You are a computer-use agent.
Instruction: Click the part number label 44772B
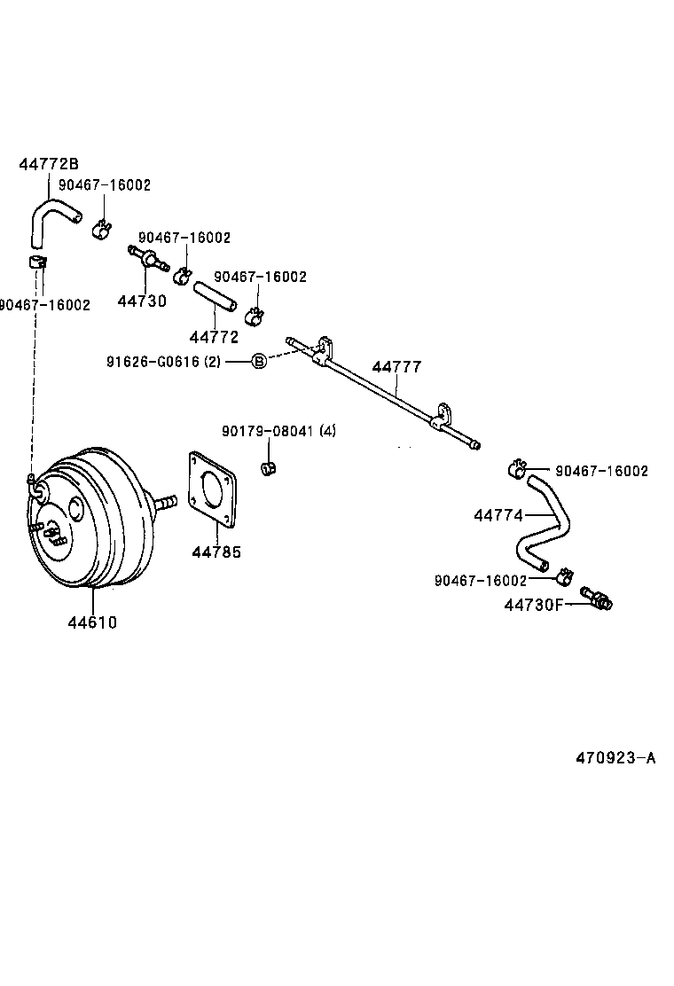click(49, 164)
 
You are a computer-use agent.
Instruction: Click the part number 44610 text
click(91, 622)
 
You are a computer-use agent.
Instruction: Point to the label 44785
click(216, 552)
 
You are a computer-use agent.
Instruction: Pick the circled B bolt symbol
click(258, 361)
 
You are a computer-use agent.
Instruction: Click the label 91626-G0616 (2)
click(163, 361)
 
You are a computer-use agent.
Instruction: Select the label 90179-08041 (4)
click(278, 432)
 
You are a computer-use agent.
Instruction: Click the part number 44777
click(396, 367)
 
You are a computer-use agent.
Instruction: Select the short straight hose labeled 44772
click(215, 296)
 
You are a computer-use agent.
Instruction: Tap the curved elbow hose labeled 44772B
click(49, 222)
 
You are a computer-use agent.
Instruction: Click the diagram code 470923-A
click(615, 758)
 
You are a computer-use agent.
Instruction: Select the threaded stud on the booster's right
click(165, 503)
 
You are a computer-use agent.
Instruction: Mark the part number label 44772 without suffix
click(214, 337)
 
